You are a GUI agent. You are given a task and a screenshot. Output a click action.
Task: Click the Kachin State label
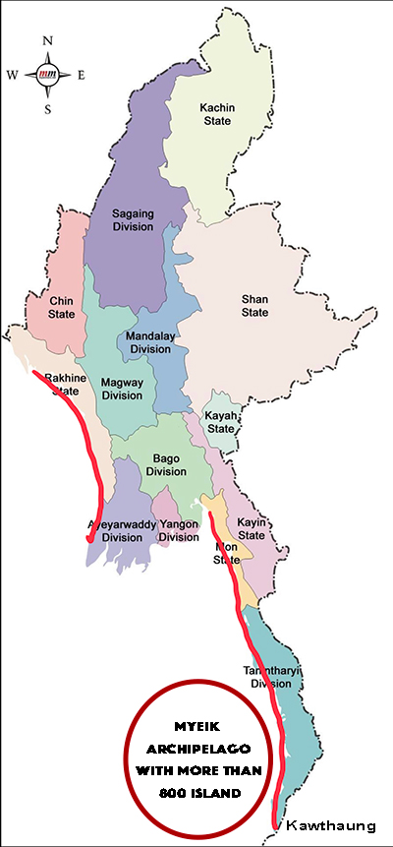pos(215,111)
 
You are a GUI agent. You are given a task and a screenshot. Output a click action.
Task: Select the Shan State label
pos(254,305)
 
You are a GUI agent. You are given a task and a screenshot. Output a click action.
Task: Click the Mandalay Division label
pos(149,341)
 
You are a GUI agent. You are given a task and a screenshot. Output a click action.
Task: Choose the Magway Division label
pos(122,389)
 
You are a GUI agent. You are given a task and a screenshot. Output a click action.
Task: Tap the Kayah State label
pos(220,421)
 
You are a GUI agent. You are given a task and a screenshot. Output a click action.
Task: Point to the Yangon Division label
pos(179,530)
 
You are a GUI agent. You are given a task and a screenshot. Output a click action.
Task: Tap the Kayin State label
pos(252,528)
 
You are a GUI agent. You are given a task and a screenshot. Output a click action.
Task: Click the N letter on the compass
pos(47,41)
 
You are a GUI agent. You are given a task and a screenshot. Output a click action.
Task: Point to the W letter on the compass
pos(13,75)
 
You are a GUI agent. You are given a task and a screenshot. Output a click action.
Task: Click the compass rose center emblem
pos(47,74)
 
